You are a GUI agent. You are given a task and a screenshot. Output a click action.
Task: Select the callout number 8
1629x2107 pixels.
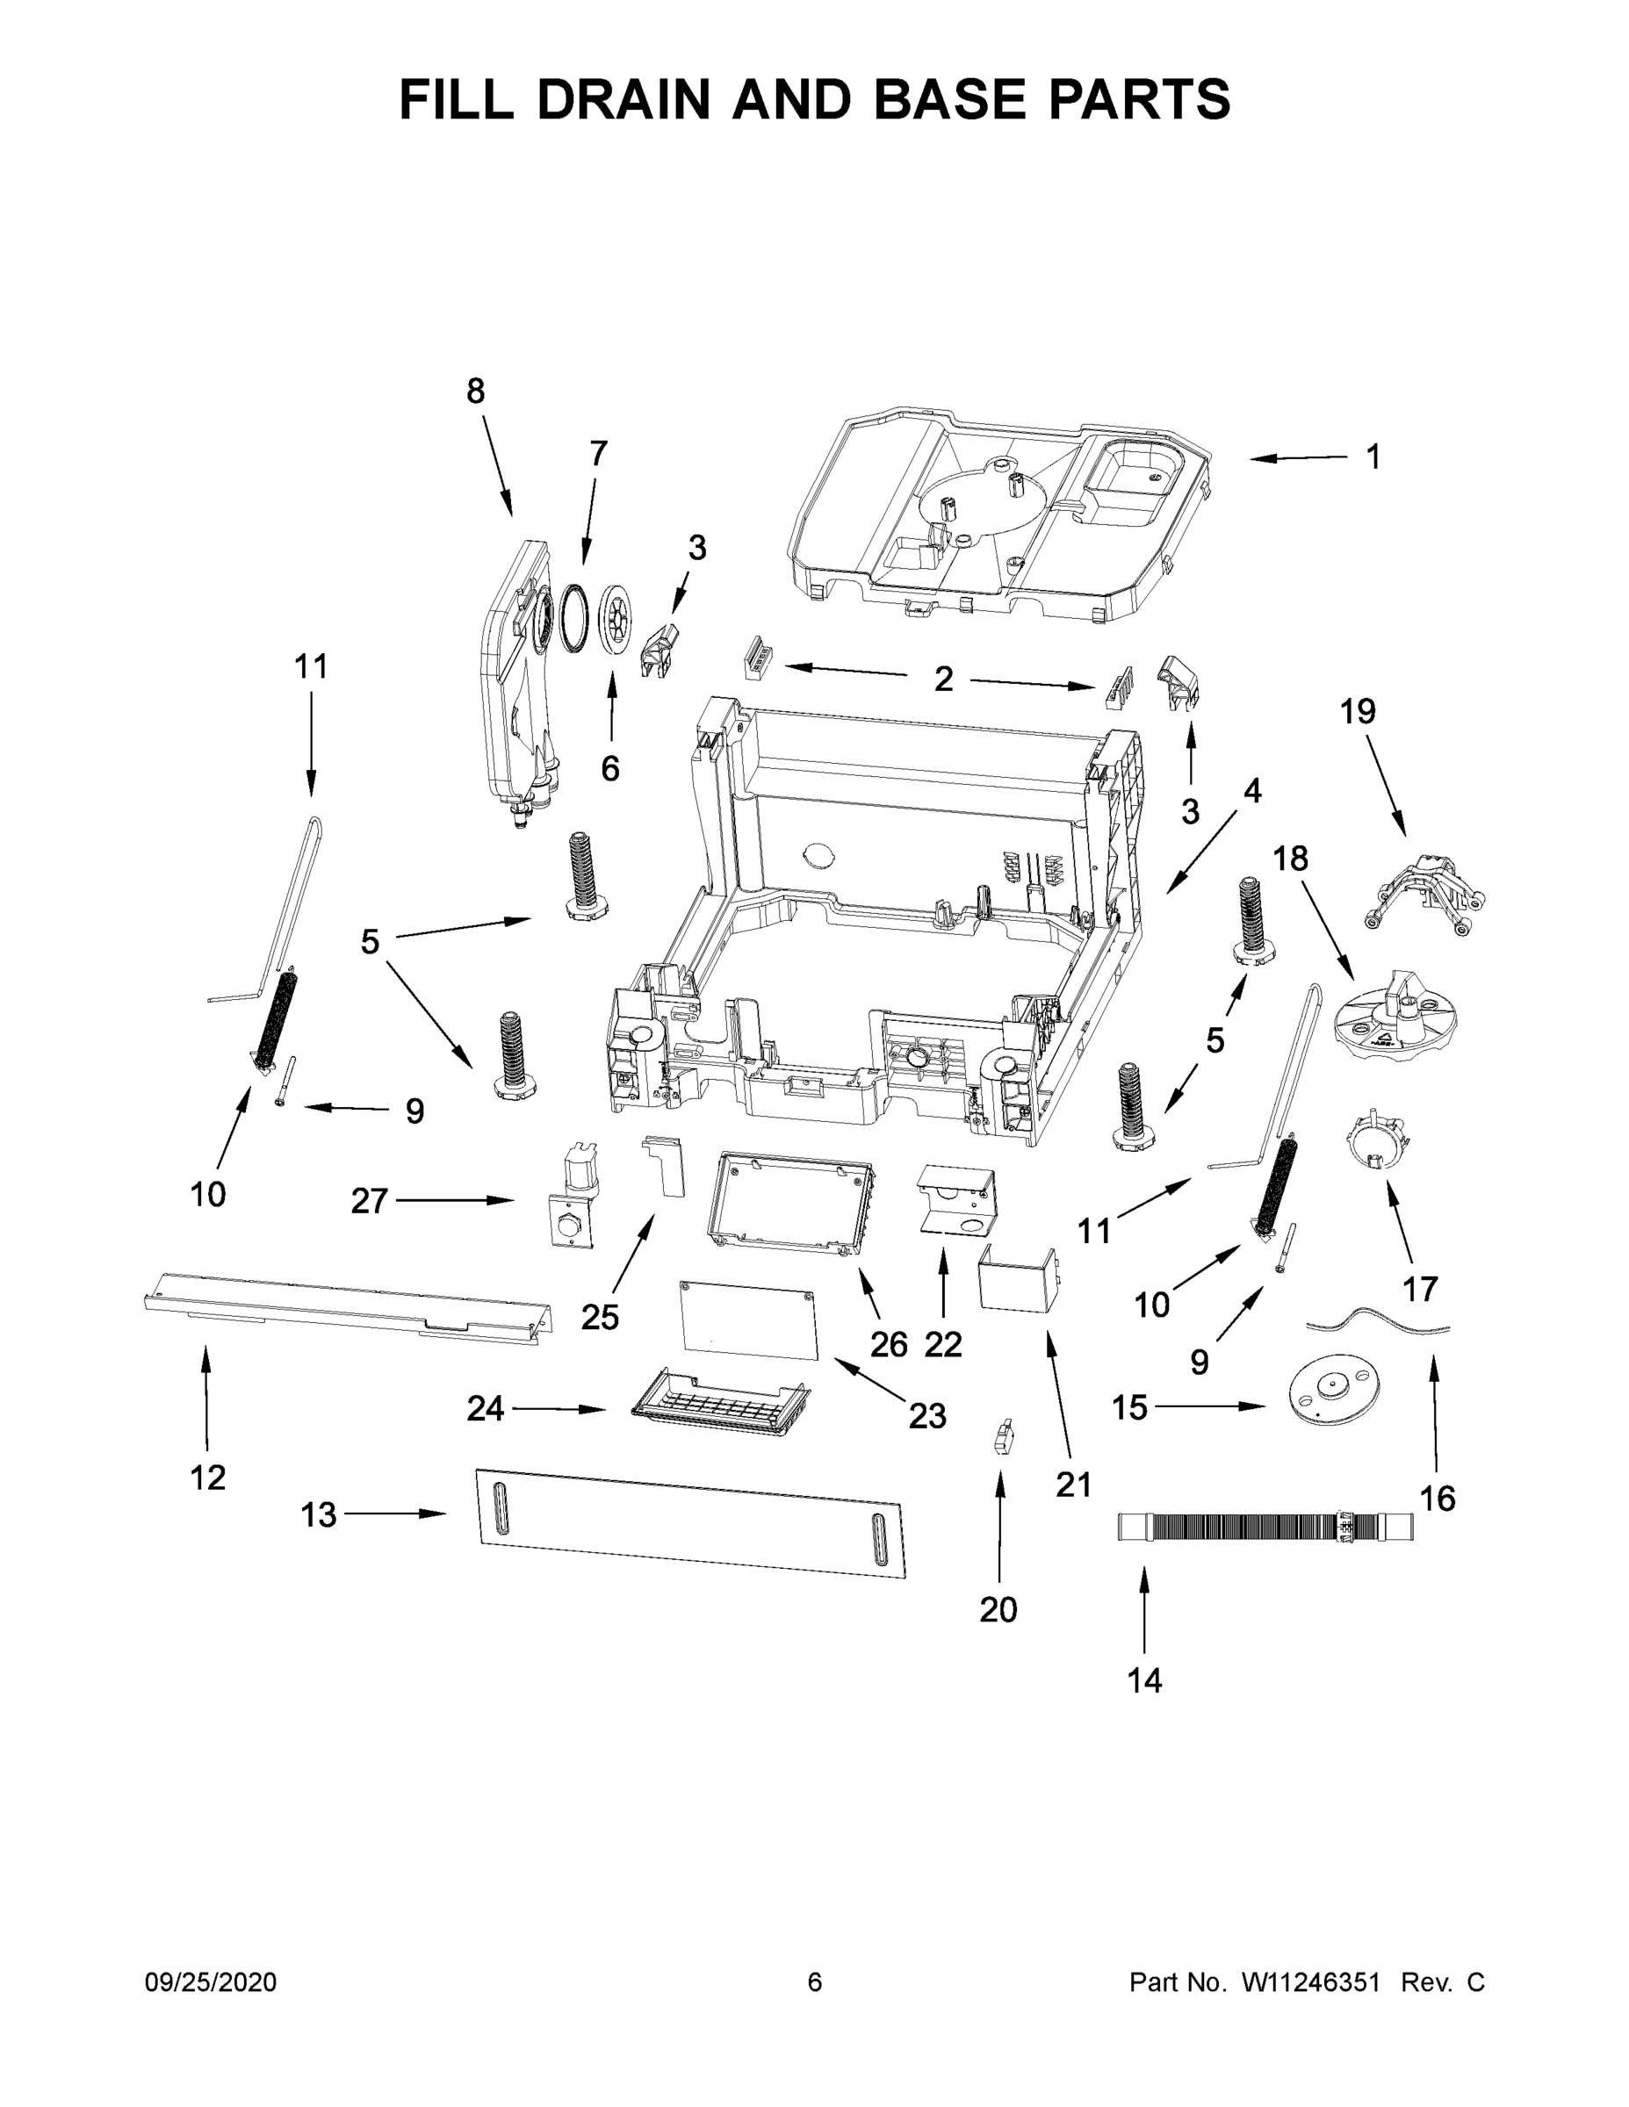point(475,392)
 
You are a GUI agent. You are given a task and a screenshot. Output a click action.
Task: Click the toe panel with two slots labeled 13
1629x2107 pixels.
point(692,1523)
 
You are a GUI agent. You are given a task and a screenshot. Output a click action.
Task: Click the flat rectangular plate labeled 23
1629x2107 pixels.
point(749,1320)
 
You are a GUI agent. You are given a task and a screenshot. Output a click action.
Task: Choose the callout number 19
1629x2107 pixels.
point(1357,712)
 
